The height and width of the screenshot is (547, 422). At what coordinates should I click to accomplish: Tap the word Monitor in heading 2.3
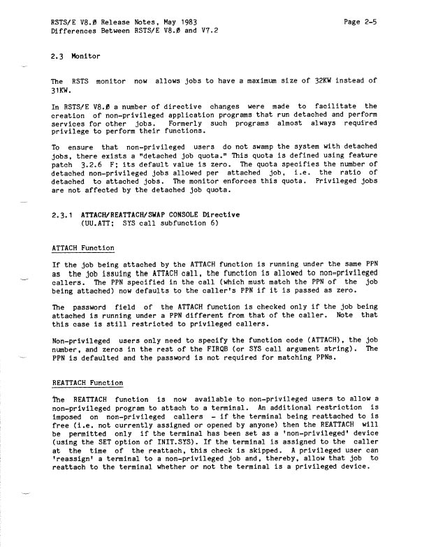tap(87, 55)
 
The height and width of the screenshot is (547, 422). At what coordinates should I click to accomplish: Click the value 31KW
tap(64, 91)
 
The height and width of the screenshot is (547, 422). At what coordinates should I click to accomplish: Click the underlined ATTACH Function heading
tap(83, 247)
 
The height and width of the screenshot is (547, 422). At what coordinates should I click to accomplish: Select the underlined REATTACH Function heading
tap(88, 384)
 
